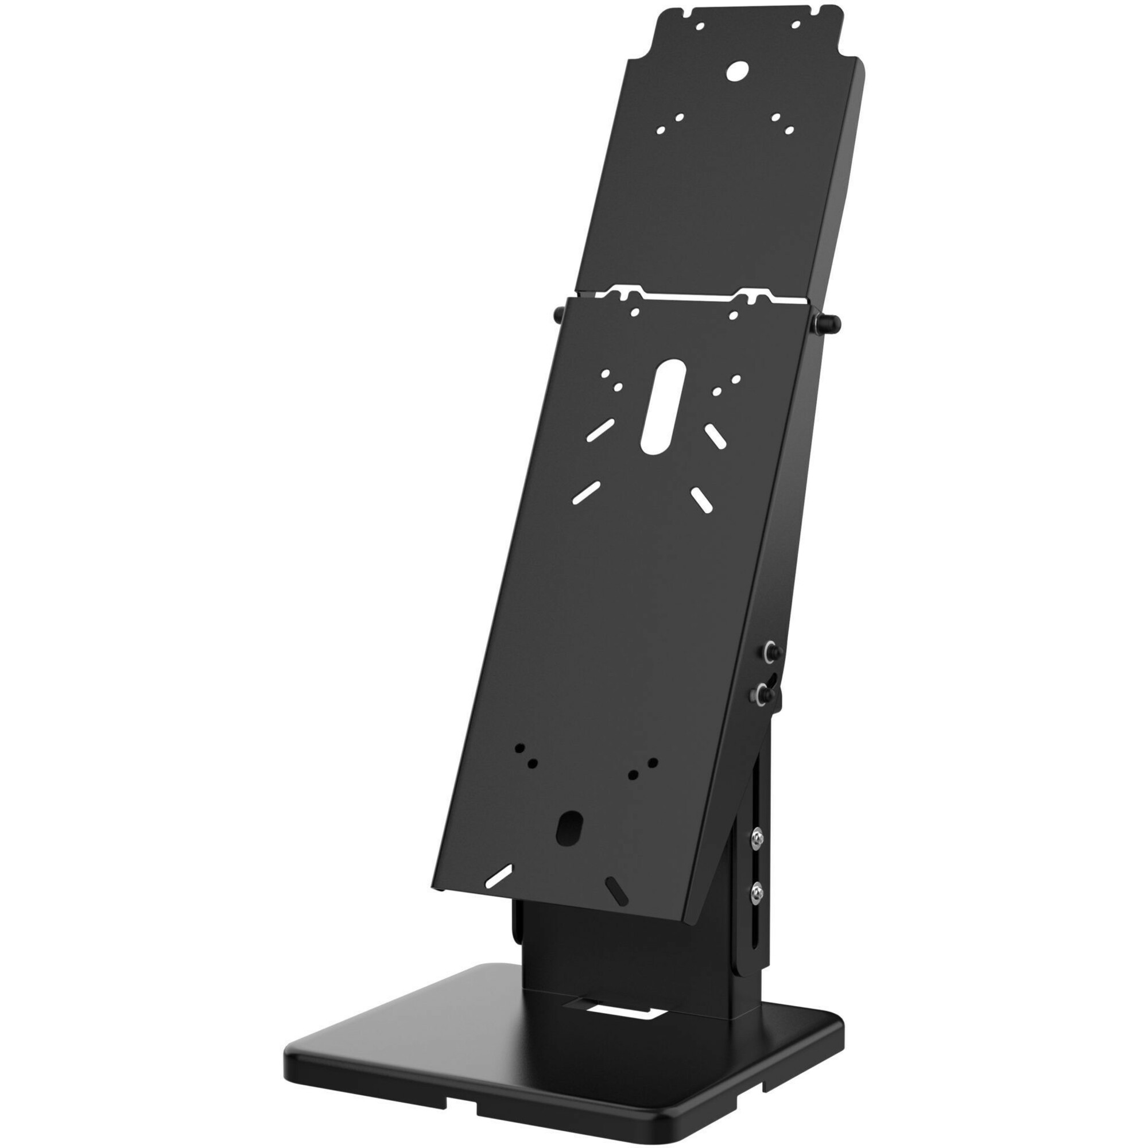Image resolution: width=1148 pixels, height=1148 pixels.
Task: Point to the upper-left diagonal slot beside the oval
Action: [600, 429]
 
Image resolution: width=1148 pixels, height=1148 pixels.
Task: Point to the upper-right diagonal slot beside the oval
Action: [715, 437]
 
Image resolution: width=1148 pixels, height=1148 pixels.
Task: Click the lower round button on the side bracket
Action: [760, 691]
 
